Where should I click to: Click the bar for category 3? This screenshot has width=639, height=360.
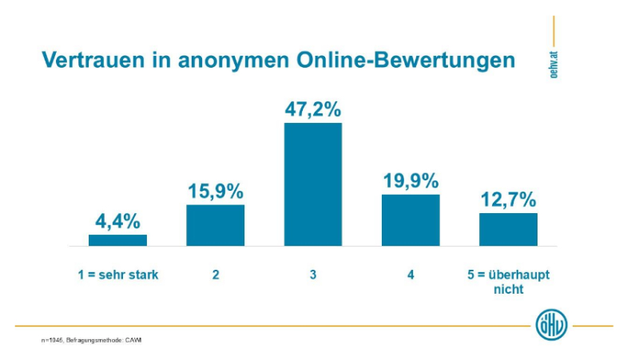click(x=313, y=184)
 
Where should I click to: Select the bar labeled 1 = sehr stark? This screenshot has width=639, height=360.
click(x=117, y=239)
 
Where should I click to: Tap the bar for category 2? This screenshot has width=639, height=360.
click(x=216, y=225)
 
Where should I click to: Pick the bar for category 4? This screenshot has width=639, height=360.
click(x=411, y=220)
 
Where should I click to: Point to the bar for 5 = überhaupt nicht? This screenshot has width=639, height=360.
click(x=508, y=229)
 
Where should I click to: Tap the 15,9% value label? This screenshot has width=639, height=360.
click(x=216, y=192)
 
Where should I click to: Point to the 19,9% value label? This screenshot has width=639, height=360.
click(x=411, y=181)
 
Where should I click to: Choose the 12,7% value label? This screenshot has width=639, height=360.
click(x=508, y=200)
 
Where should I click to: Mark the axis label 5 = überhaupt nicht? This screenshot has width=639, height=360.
click(x=508, y=282)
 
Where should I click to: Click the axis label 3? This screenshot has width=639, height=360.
click(x=313, y=275)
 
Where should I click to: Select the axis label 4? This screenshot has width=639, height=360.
click(x=411, y=275)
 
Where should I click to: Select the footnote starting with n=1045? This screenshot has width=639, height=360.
click(x=92, y=341)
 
